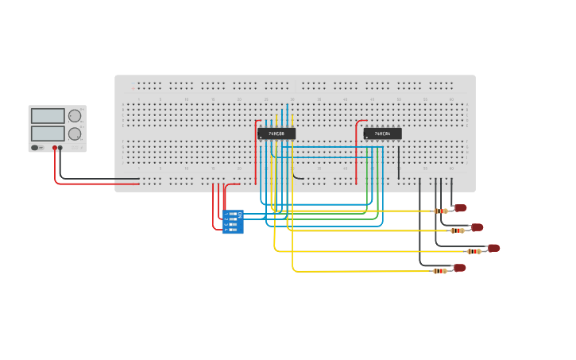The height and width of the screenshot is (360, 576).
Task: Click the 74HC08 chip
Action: pos(276,134)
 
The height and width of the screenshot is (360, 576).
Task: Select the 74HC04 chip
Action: pos(382,134)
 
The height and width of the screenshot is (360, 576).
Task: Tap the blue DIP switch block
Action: pos(233,222)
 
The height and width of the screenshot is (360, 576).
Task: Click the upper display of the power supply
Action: pos(48,116)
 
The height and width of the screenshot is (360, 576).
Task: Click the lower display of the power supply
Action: pos(48,134)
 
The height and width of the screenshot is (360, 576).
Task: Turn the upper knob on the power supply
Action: pos(75,116)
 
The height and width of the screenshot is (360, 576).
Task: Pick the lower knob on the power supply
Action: pos(75,134)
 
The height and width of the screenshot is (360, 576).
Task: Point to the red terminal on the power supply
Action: pos(55,148)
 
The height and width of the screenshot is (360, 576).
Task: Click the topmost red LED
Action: pos(460,208)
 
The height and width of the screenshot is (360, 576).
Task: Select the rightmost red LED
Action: pos(493,248)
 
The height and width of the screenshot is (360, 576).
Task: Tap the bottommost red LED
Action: pos(459,268)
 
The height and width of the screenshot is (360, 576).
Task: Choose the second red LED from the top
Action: pos(477,227)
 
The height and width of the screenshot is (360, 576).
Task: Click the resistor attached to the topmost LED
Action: pos(440,211)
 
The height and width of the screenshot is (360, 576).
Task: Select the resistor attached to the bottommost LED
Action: pos(439,270)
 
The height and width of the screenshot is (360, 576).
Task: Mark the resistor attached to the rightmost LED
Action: pos(474,251)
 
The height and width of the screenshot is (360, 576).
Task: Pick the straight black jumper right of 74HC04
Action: pos(399,163)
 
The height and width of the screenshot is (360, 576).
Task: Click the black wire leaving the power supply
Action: pos(95,179)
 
